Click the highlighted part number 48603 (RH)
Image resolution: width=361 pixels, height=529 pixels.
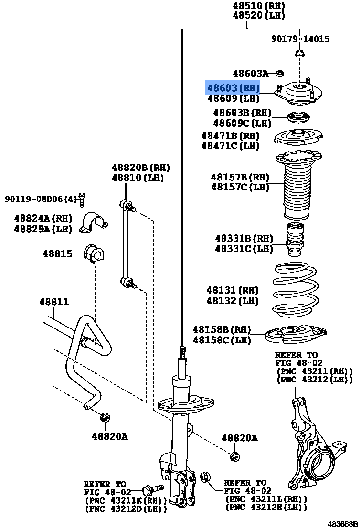[x=233, y=88]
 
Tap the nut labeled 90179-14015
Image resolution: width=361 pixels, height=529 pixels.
[x=299, y=53]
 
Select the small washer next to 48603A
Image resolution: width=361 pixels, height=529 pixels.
[x=280, y=74]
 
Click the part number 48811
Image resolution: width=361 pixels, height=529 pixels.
[x=54, y=302]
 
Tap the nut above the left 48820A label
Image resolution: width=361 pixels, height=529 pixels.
[x=105, y=418]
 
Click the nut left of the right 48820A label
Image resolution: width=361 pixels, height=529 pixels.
[x=234, y=456]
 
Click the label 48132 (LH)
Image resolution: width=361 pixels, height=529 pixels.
[x=233, y=301]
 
